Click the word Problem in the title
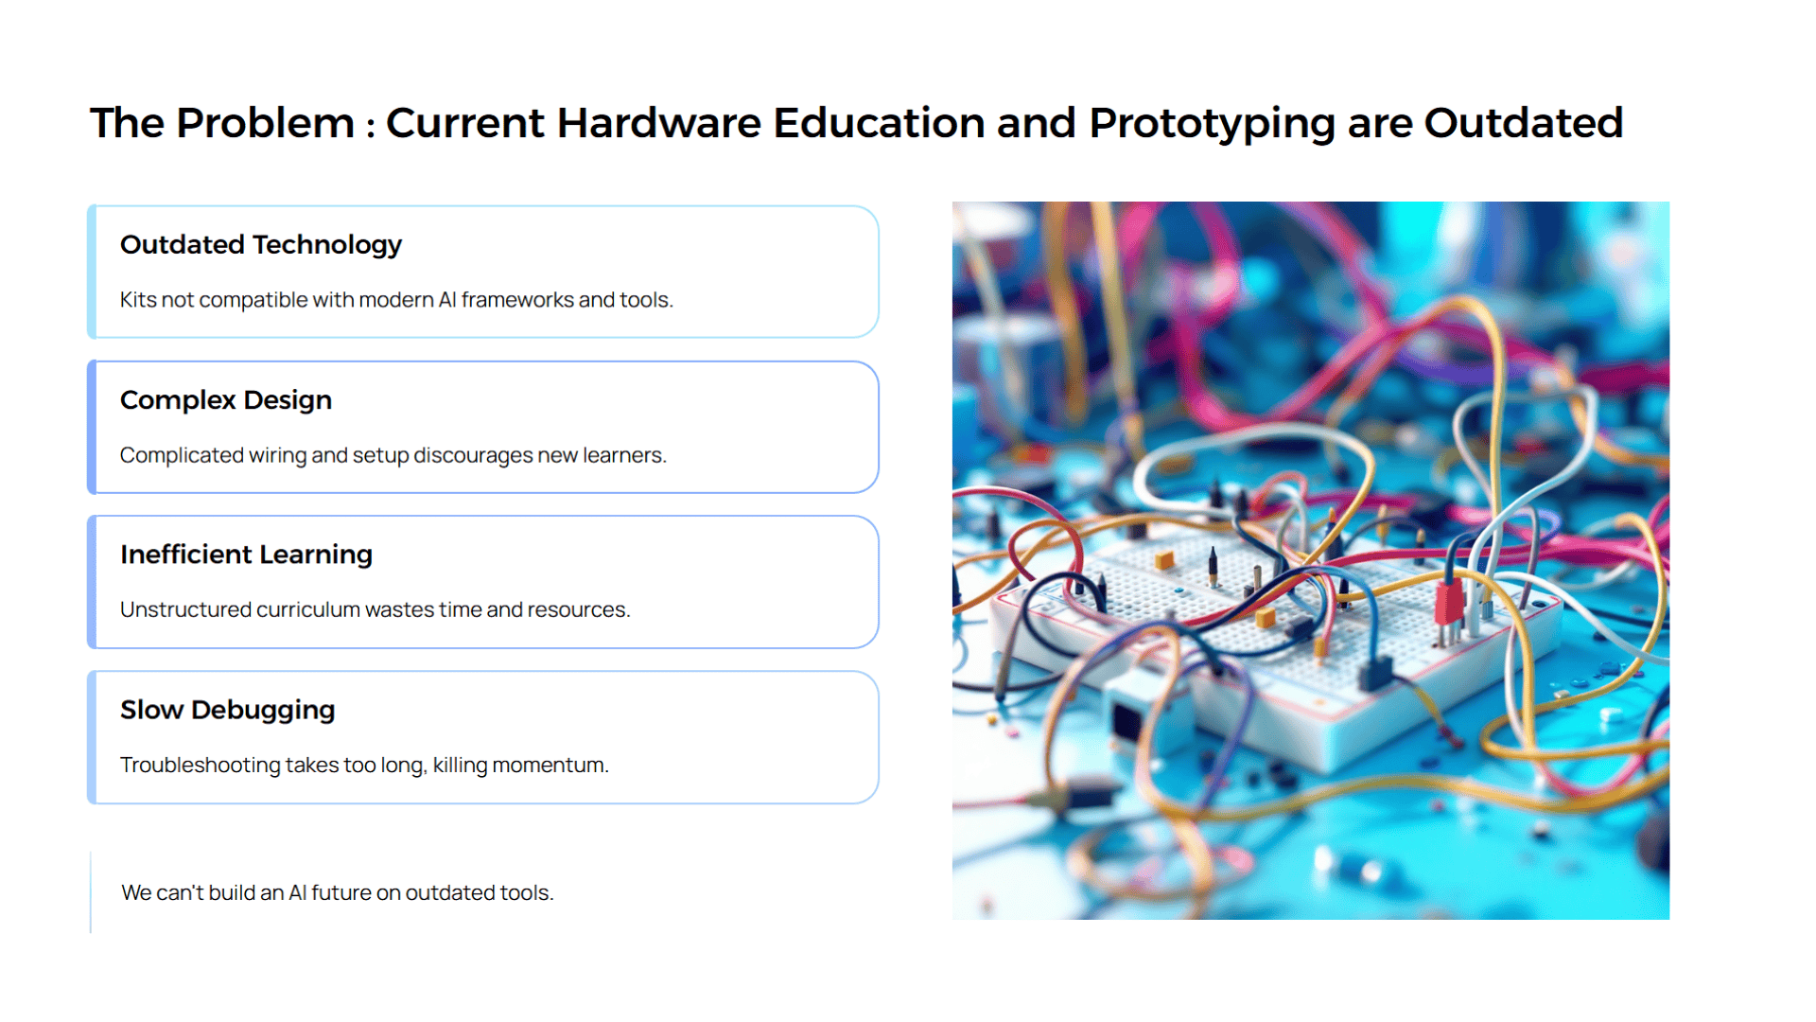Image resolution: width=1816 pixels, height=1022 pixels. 265,123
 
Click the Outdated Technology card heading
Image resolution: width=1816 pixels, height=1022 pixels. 261,245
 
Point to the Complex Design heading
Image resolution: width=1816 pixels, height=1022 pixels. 226,400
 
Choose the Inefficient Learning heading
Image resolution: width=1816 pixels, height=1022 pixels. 246,555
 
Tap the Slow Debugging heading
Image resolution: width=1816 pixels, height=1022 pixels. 228,710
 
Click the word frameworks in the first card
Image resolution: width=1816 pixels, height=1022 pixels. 517,300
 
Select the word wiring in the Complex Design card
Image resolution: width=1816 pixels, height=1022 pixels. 277,456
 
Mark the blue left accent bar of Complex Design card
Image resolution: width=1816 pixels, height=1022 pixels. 92,427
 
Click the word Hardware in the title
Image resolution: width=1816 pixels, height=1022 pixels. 659,123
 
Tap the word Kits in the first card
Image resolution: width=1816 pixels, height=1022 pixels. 138,300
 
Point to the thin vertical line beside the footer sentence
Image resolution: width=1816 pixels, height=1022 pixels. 91,892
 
